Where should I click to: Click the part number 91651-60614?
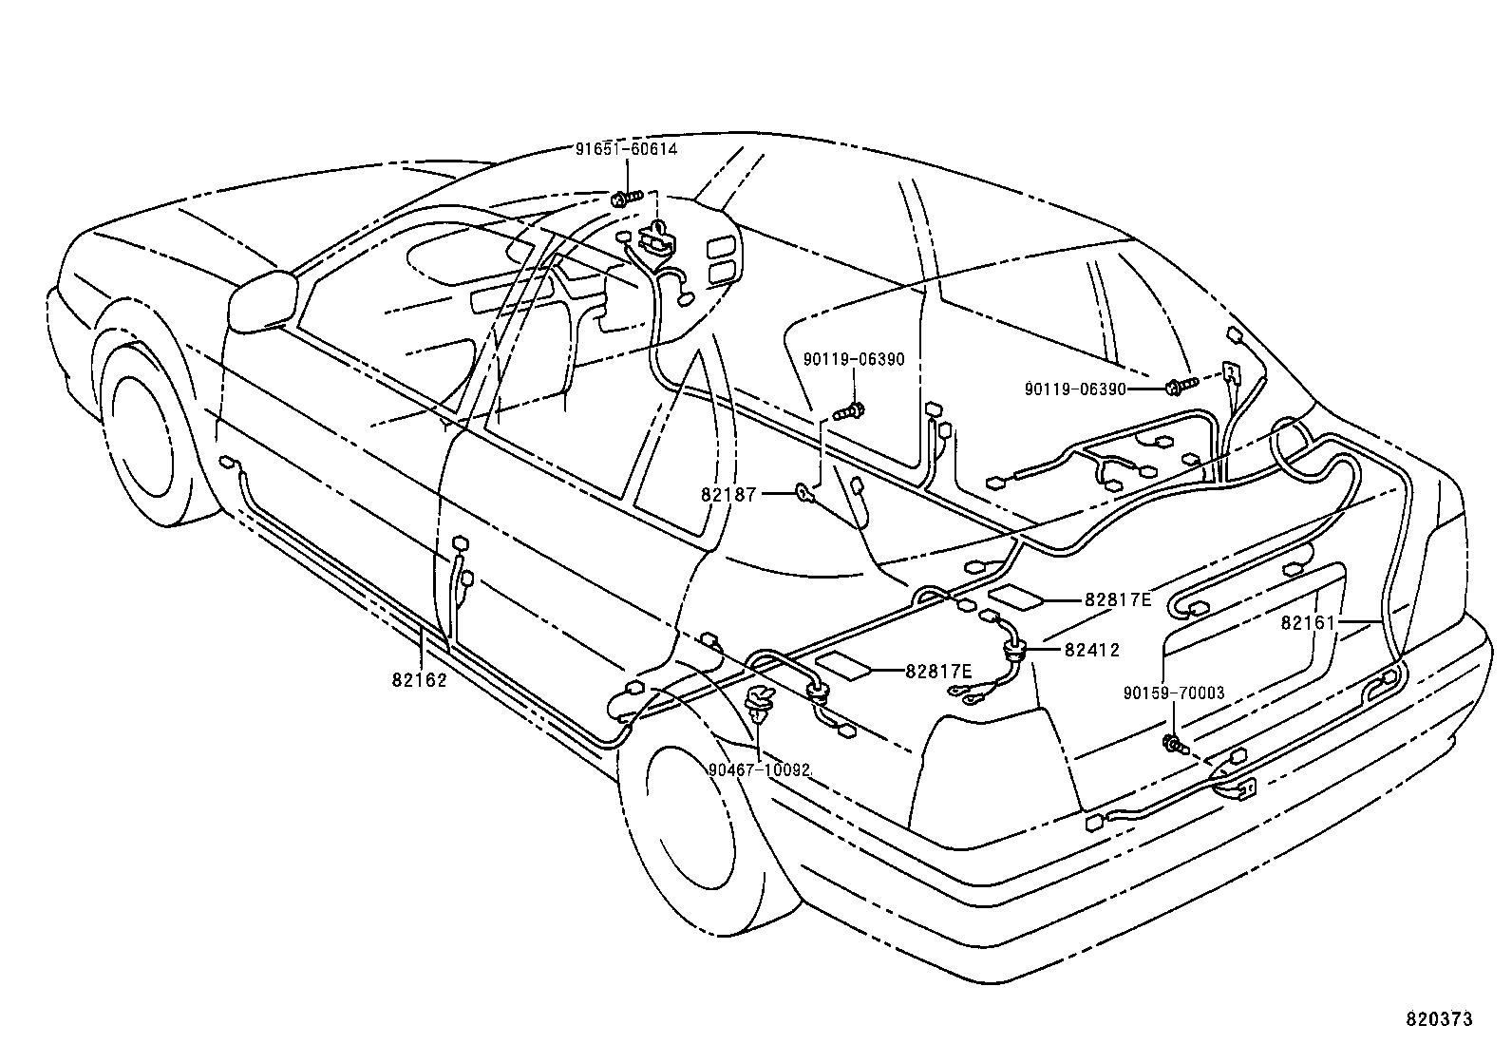point(627,149)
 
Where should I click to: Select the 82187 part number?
point(728,494)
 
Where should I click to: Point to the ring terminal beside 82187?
point(804,492)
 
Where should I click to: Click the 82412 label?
point(1091,651)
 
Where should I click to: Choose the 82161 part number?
point(1308,622)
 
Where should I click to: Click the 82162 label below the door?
point(419,679)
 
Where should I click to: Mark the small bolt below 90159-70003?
point(1174,744)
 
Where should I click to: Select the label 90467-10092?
point(759,769)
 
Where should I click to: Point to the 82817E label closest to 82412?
point(1118,599)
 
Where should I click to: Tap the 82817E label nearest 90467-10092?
point(938,671)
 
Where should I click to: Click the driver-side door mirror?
point(262,301)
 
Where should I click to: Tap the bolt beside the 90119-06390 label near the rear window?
point(1178,386)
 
